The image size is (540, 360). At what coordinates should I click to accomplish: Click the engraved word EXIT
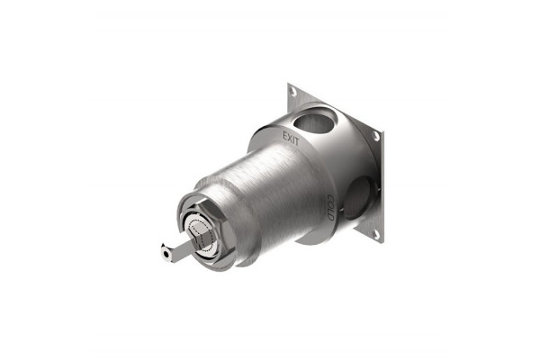291,139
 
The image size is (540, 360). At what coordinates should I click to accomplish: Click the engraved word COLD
329,208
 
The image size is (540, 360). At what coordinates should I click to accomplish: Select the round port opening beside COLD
358,198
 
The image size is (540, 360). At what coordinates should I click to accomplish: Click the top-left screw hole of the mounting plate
293,91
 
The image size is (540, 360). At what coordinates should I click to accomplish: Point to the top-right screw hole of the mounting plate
375,136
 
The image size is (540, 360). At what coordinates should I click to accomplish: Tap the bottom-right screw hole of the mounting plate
375,235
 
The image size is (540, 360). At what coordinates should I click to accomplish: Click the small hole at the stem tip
166,254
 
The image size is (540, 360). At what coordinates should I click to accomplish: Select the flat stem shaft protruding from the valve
179,248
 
